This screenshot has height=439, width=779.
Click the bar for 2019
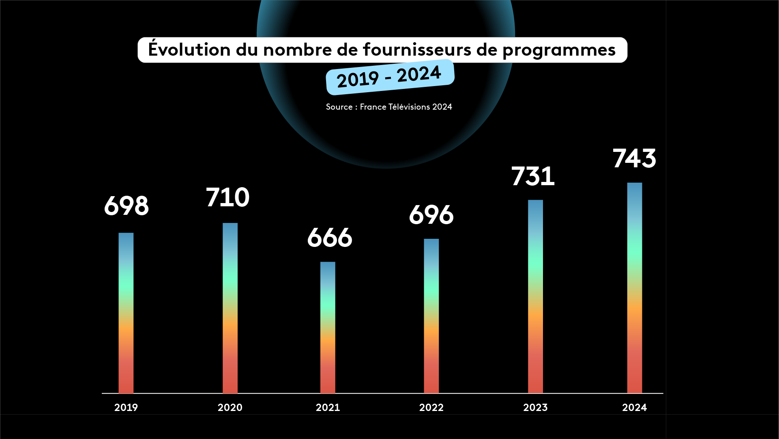coord(126,313)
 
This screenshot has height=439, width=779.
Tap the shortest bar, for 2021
coord(328,327)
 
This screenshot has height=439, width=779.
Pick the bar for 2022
coord(431,316)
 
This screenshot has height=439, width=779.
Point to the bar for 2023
coord(535,296)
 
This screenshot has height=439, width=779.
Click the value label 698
coord(127,206)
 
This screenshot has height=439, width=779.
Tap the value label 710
coord(227,197)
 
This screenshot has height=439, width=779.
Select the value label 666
coord(330,238)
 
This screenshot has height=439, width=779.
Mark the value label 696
coord(431,215)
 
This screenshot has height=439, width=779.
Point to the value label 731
coord(533,176)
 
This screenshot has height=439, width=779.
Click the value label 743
coord(634,158)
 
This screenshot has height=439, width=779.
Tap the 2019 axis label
coord(126,407)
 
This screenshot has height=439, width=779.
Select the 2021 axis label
coord(328,407)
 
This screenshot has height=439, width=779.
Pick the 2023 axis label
coord(535,407)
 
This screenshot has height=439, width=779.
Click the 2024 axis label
coord(635,407)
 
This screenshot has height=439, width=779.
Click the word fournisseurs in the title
coord(417,50)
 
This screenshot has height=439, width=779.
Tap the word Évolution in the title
coord(189,50)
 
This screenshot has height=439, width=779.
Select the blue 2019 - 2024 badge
coord(389,77)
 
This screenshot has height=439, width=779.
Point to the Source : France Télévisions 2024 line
coord(389,107)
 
